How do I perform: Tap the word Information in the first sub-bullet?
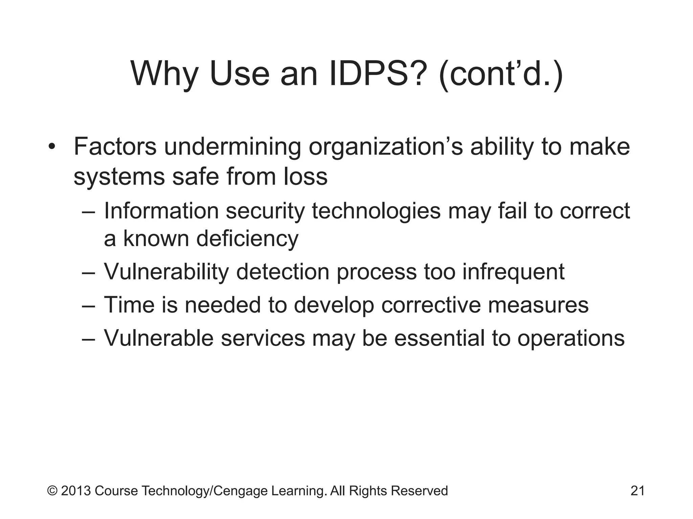[x=161, y=211]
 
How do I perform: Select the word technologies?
[x=376, y=211]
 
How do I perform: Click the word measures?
[x=538, y=305]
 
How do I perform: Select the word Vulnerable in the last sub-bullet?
[x=158, y=338]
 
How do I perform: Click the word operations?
[x=571, y=338]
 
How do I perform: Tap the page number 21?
[x=638, y=491]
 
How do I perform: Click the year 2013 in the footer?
[x=76, y=491]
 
